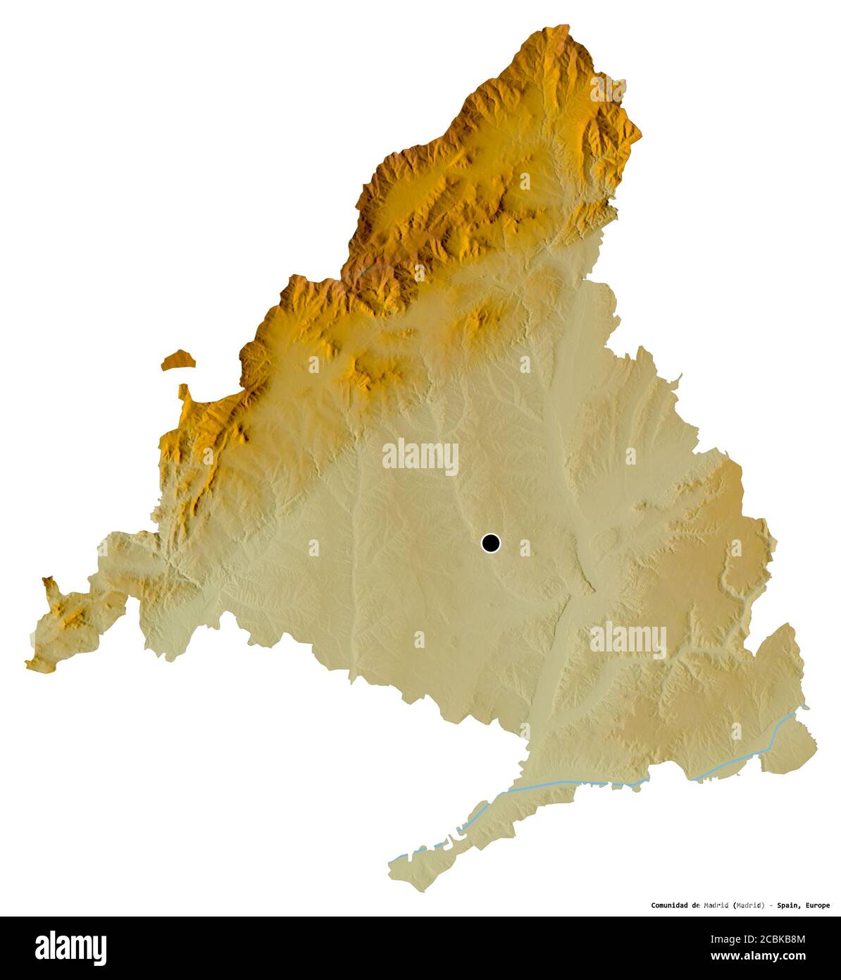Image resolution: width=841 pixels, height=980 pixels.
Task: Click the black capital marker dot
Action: (490, 543)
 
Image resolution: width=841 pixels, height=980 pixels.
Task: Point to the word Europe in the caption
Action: (816, 905)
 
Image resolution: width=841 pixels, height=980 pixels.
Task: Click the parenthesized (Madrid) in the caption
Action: (748, 905)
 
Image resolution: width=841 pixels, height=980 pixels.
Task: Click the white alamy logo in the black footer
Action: (70, 948)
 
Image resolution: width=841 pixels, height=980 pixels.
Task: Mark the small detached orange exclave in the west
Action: (177, 360)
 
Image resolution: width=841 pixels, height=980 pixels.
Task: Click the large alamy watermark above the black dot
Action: (420, 456)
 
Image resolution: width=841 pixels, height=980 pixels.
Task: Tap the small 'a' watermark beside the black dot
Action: (524, 546)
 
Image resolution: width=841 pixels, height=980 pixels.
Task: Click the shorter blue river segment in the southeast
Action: (747, 758)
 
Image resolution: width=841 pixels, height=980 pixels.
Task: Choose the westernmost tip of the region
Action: (26, 663)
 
